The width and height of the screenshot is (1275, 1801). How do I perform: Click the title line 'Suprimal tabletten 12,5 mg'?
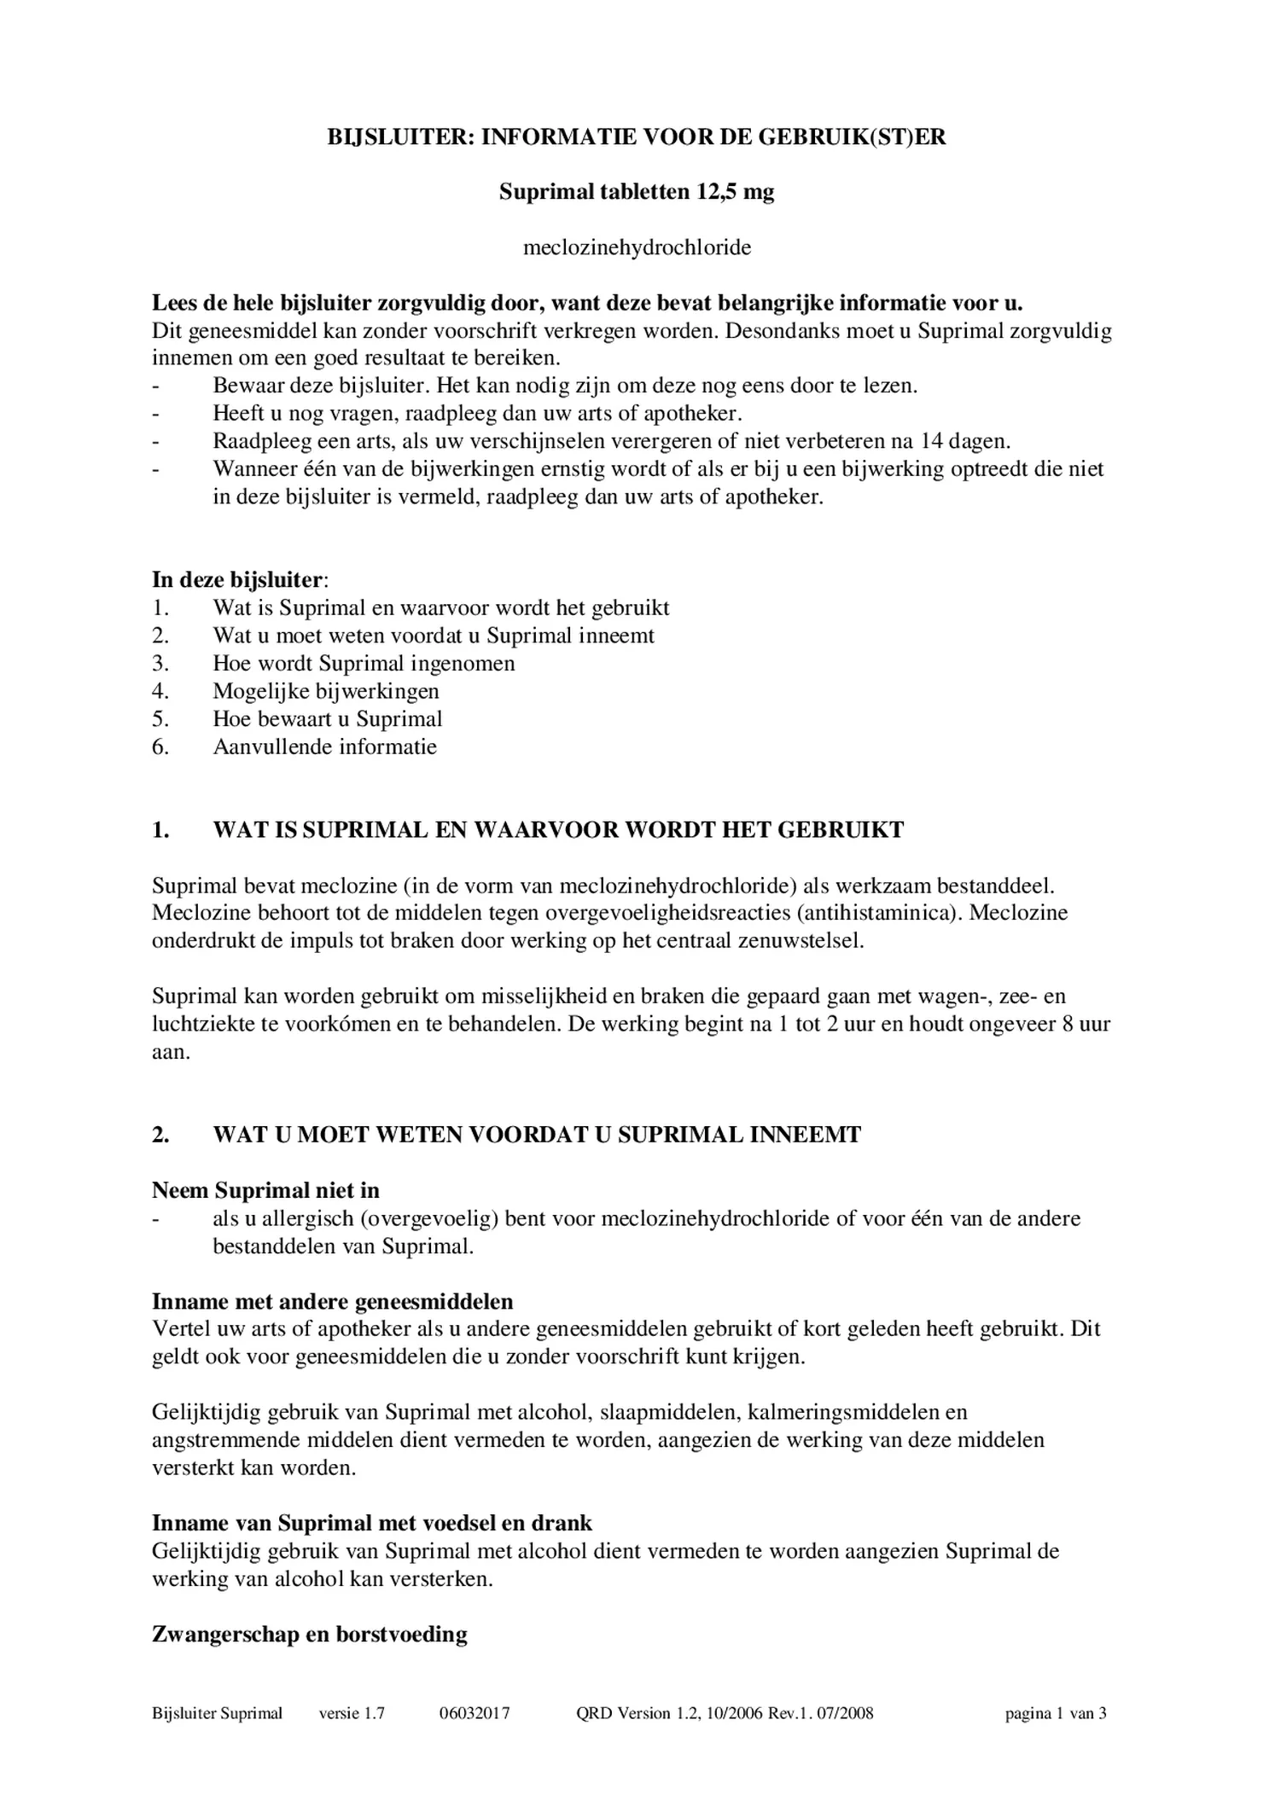click(637, 192)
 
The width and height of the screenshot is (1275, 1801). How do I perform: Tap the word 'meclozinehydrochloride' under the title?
click(637, 248)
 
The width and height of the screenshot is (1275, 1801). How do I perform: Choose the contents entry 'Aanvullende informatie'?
click(324, 747)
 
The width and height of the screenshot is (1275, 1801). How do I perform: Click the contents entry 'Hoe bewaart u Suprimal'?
click(328, 719)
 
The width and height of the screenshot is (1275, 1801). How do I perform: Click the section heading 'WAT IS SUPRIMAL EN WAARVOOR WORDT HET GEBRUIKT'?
click(558, 830)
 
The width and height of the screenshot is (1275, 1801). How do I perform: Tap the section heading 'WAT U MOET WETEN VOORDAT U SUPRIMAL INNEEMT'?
click(537, 1135)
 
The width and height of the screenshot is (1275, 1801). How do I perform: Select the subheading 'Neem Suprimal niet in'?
click(265, 1190)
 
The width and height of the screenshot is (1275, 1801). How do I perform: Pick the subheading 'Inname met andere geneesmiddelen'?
click(332, 1302)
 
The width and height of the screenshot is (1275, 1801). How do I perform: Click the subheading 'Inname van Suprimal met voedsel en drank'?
click(371, 1523)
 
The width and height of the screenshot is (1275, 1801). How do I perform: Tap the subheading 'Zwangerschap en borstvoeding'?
click(309, 1635)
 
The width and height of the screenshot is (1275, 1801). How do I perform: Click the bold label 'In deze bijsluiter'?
click(237, 580)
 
